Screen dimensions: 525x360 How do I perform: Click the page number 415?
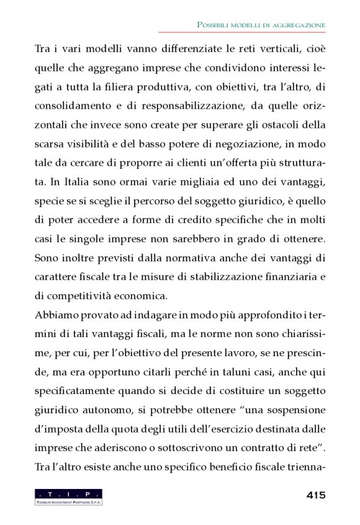(x=315, y=495)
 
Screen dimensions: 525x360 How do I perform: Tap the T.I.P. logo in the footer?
(x=68, y=496)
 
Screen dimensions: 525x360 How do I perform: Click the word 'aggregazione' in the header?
(x=300, y=25)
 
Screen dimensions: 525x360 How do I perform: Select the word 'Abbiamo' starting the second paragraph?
(x=53, y=316)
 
